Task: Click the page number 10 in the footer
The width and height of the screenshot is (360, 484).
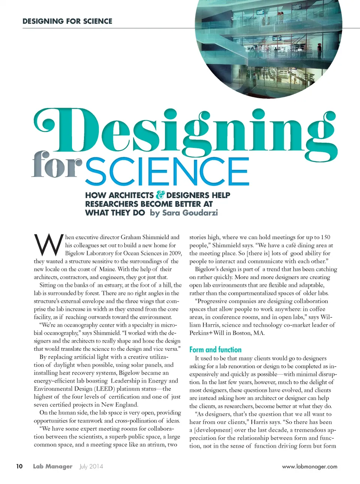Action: (19, 466)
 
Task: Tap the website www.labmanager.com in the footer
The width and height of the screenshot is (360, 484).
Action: (309, 467)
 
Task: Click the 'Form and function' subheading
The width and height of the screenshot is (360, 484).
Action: (215, 350)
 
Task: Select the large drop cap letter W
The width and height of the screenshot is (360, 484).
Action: (48, 245)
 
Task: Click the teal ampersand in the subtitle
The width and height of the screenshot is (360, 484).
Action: (160, 195)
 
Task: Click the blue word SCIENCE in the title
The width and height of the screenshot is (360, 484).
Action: (167, 172)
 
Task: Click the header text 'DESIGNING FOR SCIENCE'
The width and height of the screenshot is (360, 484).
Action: (67, 21)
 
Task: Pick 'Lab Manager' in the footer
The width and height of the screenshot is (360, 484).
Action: (52, 466)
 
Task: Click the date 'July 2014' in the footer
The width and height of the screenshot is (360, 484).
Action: (91, 466)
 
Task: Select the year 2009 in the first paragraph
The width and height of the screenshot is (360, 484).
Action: (175, 253)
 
